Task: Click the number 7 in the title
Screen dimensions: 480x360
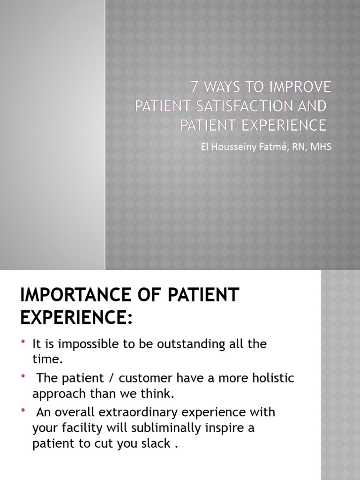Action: coord(195,87)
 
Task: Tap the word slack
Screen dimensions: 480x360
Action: coord(156,444)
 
